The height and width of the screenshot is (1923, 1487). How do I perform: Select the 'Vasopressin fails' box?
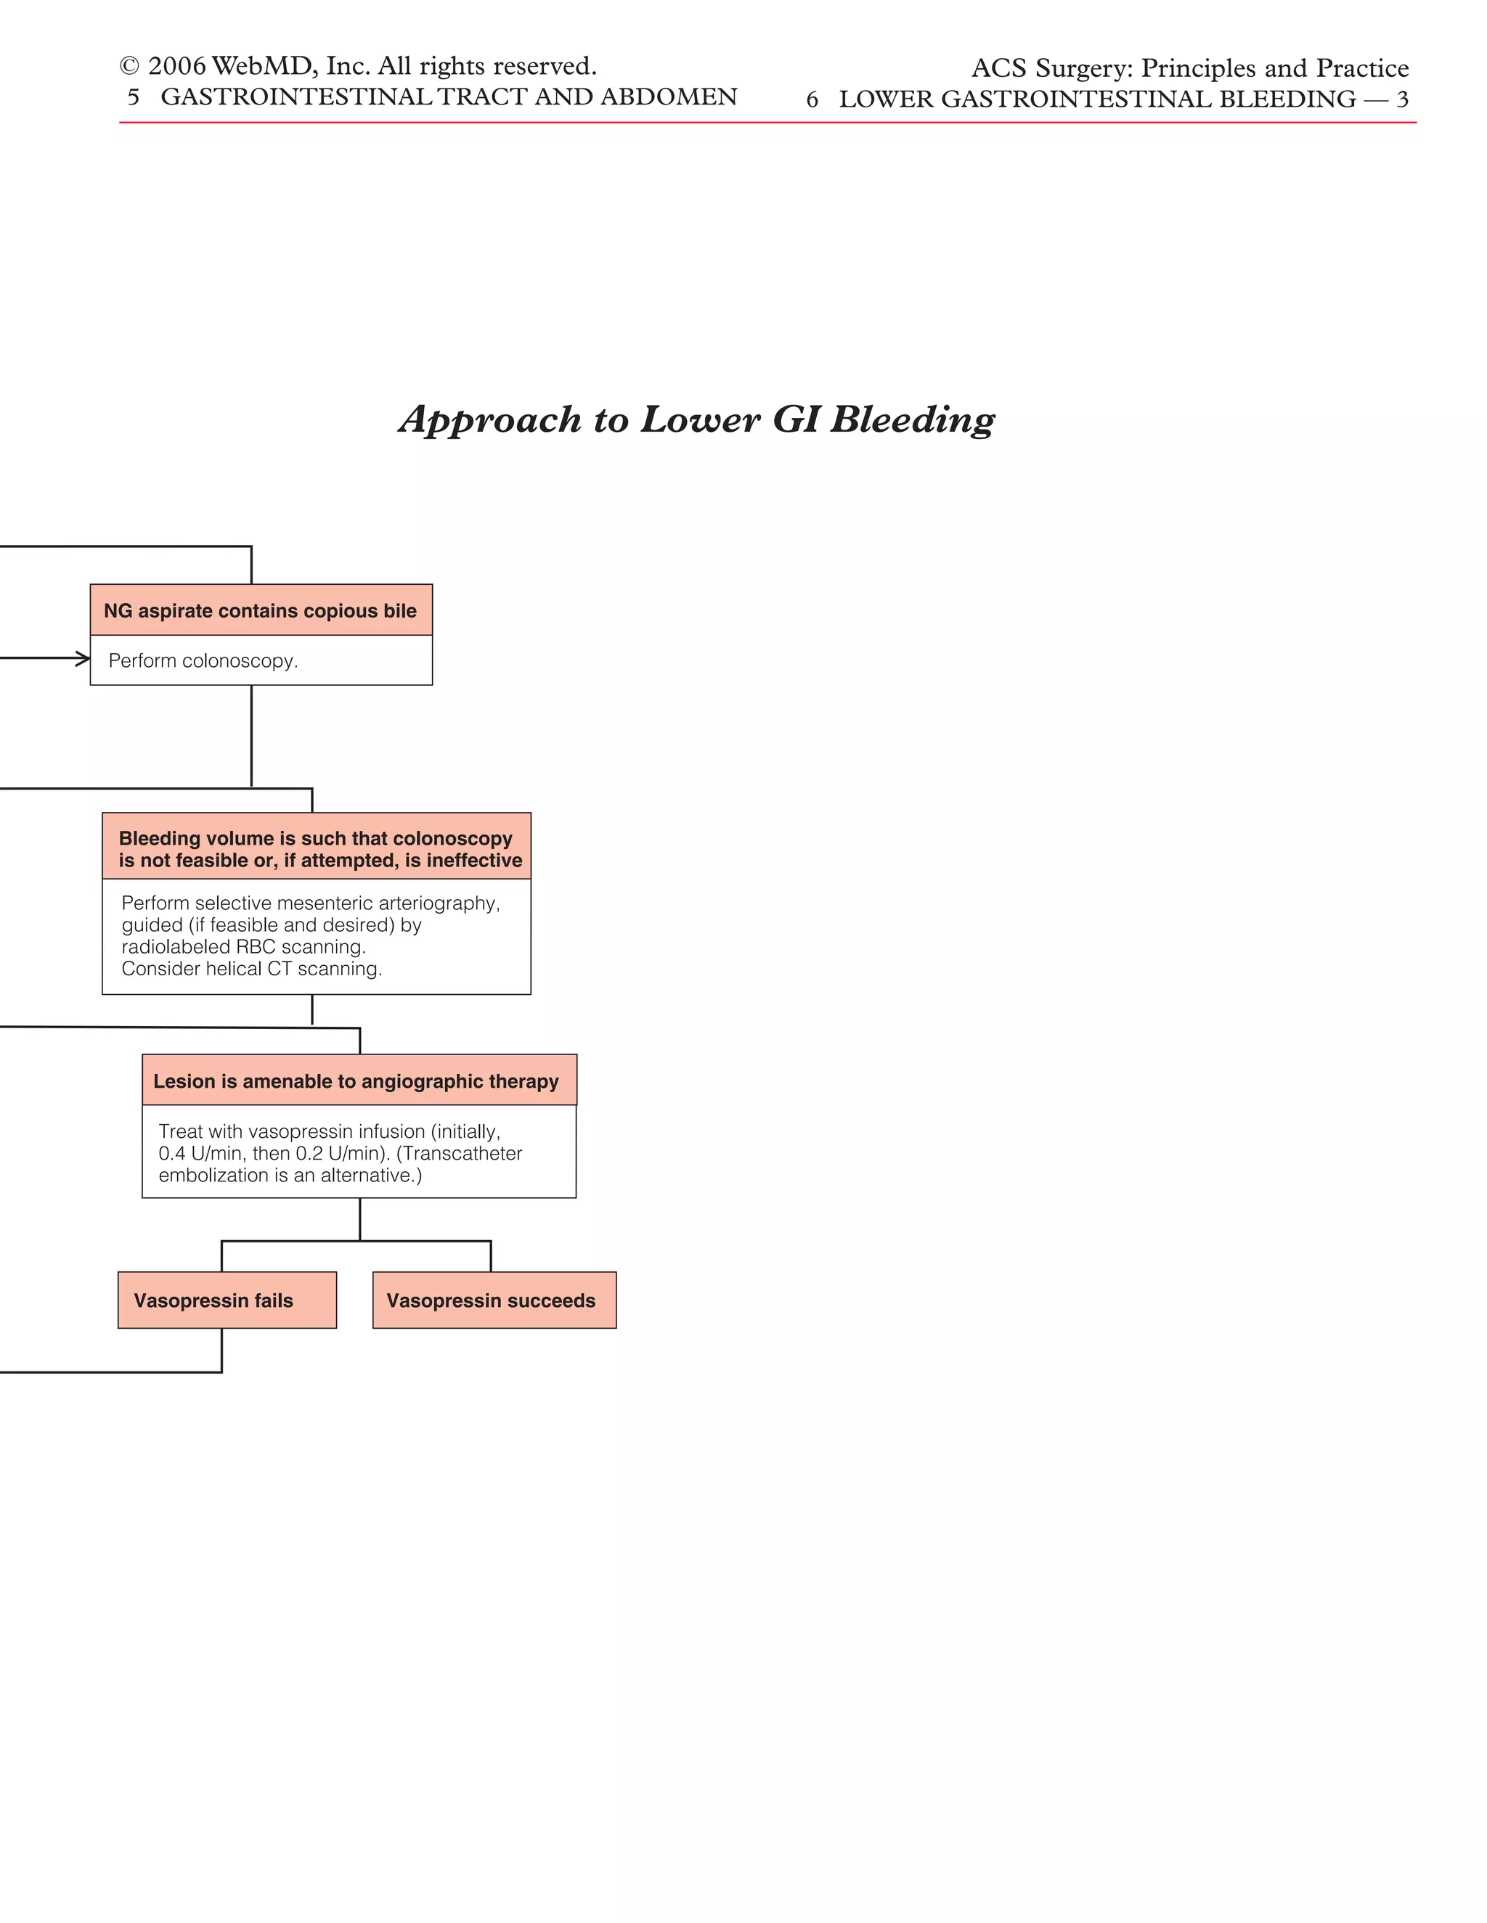click(227, 1300)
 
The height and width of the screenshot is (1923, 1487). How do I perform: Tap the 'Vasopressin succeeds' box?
click(494, 1300)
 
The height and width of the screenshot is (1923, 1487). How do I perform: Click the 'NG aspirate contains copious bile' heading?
click(261, 610)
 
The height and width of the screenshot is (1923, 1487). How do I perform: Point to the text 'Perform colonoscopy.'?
click(203, 660)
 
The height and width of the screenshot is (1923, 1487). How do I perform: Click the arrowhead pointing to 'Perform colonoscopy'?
click(83, 657)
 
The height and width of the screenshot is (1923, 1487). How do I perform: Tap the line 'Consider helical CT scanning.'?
click(252, 969)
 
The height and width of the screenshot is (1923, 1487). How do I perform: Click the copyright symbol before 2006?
click(129, 67)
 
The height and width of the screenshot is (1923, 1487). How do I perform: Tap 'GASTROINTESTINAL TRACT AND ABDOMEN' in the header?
click(449, 97)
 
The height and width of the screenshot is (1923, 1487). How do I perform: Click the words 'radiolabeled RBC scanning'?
click(243, 946)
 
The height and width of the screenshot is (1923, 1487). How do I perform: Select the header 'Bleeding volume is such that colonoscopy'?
click(315, 838)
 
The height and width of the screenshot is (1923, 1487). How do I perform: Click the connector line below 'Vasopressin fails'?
click(222, 1350)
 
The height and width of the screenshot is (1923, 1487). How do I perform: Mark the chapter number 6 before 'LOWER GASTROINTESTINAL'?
click(811, 99)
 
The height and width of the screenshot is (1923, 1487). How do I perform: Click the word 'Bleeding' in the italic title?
click(913, 419)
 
